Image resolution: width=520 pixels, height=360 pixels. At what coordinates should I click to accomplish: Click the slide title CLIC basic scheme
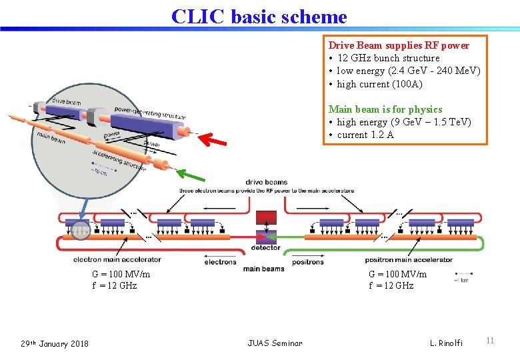pos(259,16)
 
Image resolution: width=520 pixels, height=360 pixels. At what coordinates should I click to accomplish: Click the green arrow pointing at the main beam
pos(193,177)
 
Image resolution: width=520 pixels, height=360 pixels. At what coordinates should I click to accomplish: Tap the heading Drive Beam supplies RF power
pos(399,45)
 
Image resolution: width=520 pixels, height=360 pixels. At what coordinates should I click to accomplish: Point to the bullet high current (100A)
pos(379,84)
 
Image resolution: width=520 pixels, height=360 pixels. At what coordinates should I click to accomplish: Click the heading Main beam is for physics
pos(385,109)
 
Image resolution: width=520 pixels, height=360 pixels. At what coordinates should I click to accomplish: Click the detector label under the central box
pos(265,248)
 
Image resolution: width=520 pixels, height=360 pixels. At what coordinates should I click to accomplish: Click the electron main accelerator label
pos(117,259)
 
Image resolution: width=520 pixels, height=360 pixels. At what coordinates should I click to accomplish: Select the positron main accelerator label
pos(409,259)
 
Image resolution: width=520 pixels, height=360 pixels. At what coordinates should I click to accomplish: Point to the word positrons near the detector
pos(308,262)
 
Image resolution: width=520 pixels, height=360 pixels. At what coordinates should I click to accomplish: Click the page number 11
pos(490,341)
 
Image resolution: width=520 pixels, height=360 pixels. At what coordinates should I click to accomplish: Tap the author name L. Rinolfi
pos(447,343)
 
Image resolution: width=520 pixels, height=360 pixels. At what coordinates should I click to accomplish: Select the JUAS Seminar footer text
pos(275,343)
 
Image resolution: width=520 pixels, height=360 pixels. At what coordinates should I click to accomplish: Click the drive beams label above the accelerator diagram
pos(266,182)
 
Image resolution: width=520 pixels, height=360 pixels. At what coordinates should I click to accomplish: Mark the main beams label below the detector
pos(263,269)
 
